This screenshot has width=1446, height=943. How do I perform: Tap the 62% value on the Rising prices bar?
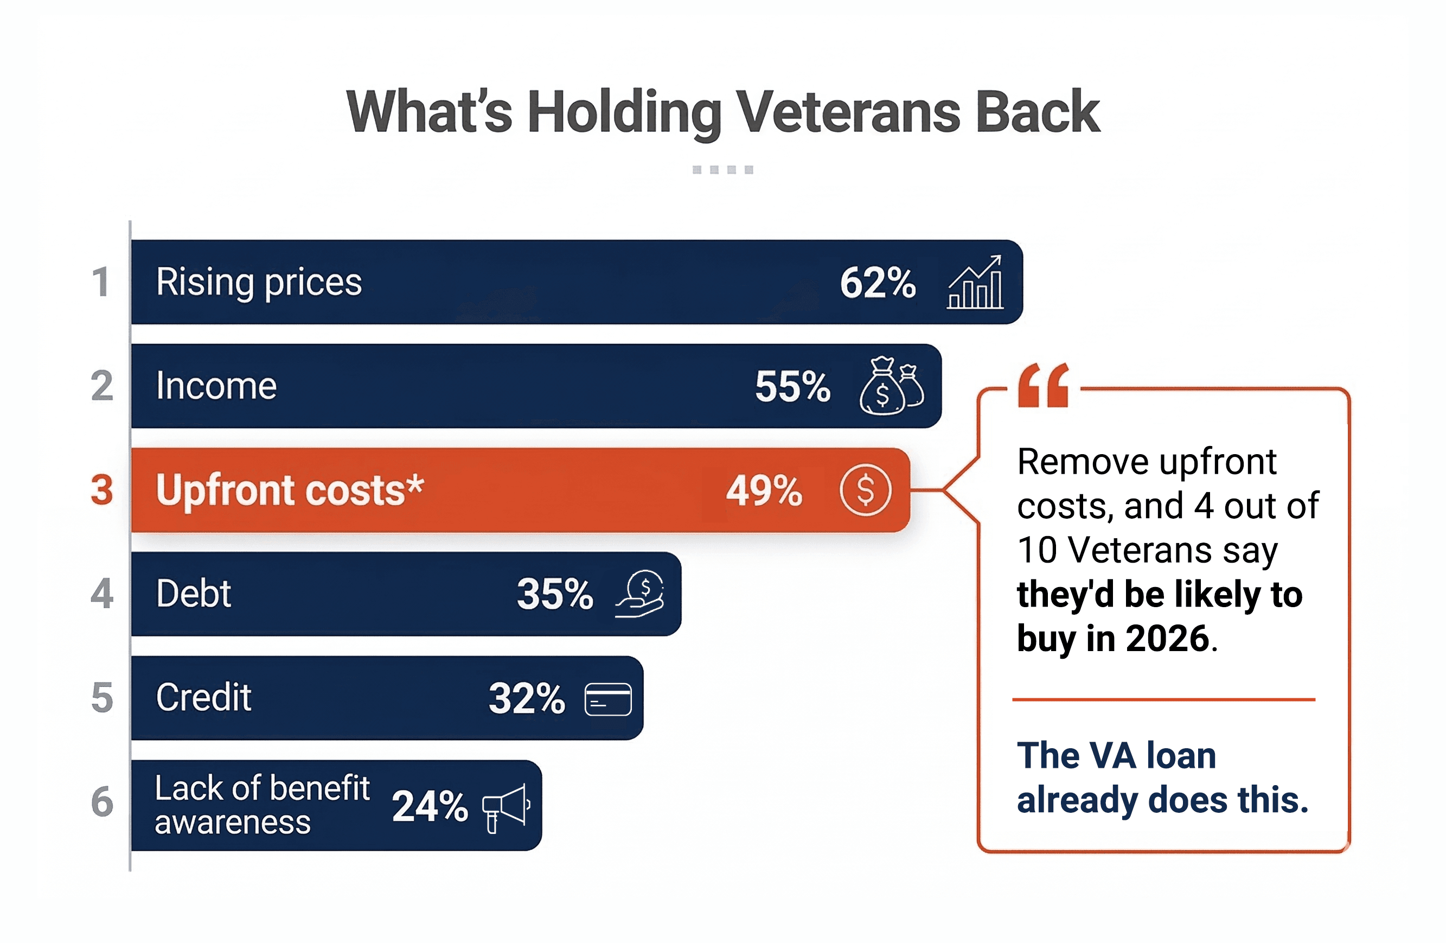point(878,283)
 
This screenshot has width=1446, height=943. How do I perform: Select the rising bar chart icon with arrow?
point(975,283)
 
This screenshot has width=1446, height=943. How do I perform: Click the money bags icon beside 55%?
point(891,386)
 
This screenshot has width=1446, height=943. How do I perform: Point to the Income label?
point(216,386)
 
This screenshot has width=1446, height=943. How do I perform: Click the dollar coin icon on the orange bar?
point(865,490)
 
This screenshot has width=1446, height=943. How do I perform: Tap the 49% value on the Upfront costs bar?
point(764,491)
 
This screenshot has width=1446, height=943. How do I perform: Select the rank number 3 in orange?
point(102,490)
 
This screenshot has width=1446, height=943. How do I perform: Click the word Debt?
point(193,594)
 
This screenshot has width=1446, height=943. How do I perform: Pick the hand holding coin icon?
point(641,594)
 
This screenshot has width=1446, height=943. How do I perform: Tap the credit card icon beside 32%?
point(607,699)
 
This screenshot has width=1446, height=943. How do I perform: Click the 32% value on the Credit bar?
point(526,699)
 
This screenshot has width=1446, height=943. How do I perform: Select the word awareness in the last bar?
point(233,823)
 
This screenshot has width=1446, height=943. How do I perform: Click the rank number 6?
point(102,802)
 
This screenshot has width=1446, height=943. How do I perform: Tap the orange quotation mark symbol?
point(1042,385)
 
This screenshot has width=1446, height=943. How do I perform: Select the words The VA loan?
point(1116,756)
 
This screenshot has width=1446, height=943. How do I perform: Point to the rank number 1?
point(101,283)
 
